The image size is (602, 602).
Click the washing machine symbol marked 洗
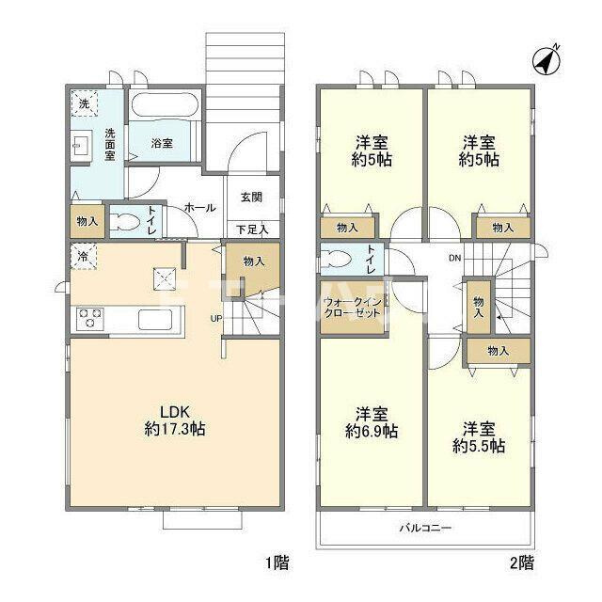84,103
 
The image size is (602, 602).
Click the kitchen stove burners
90,319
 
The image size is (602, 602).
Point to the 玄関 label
250,198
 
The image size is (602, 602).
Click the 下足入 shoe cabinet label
251,229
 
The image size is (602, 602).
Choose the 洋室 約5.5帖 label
478,436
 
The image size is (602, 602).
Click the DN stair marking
454,258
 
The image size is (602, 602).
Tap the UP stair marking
216,317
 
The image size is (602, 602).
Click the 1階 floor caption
277,564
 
